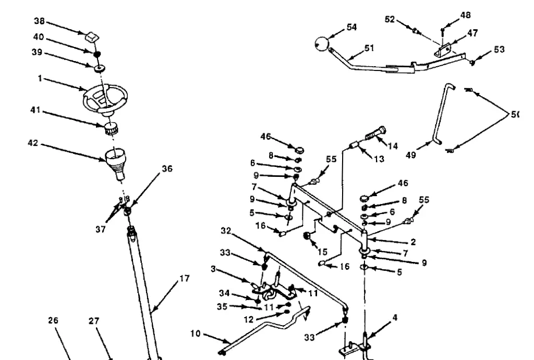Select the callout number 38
click(39, 21)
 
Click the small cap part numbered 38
click(92, 37)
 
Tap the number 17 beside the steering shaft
click(184, 279)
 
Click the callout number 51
click(369, 48)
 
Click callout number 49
click(411, 155)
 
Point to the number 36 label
click(166, 169)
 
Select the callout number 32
click(225, 230)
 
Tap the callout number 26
click(53, 321)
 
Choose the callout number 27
click(93, 321)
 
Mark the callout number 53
click(499, 50)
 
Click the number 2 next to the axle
click(413, 243)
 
